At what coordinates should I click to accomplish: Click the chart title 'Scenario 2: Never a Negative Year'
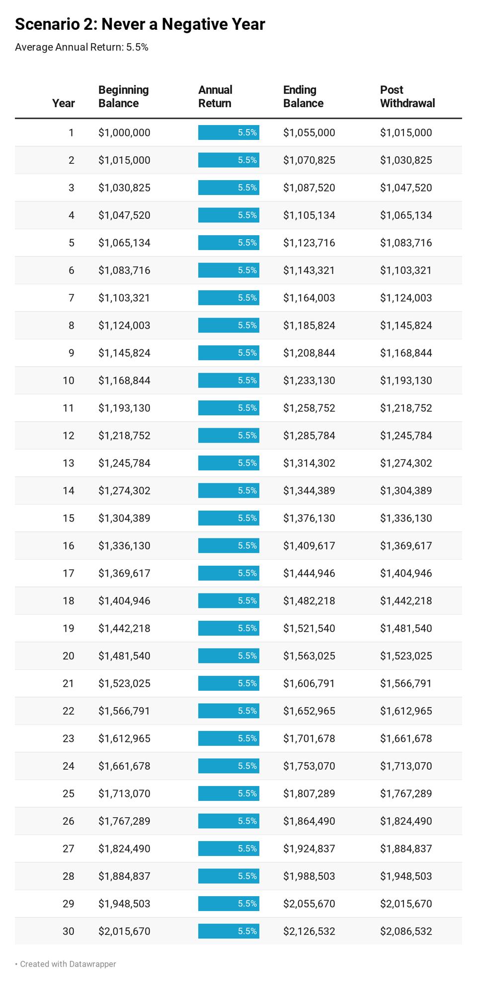pos(140,24)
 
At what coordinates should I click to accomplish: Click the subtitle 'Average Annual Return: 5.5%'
pos(81,47)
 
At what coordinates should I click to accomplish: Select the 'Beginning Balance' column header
pos(123,96)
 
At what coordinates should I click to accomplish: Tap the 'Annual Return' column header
pos(215,96)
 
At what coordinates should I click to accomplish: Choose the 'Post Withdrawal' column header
pos(407,96)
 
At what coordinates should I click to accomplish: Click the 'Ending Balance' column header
pos(303,96)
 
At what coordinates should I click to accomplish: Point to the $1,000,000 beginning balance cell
pos(124,132)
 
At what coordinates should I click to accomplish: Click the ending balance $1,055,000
pos(309,132)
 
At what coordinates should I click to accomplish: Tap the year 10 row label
pos(68,381)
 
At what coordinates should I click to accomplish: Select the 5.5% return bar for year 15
pos(229,518)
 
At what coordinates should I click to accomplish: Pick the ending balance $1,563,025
pos(309,656)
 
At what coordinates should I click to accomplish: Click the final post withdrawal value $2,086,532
pos(406,931)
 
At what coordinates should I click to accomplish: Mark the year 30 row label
pos(68,931)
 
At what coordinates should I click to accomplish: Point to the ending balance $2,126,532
pos(309,931)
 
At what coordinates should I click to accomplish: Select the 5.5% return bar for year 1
pos(229,132)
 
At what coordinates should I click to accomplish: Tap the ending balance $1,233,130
pos(309,381)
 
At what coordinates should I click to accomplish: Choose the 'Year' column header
pos(63,103)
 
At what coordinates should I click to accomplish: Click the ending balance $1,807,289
pos(309,793)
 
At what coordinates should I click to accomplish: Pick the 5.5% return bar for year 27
pos(229,849)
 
